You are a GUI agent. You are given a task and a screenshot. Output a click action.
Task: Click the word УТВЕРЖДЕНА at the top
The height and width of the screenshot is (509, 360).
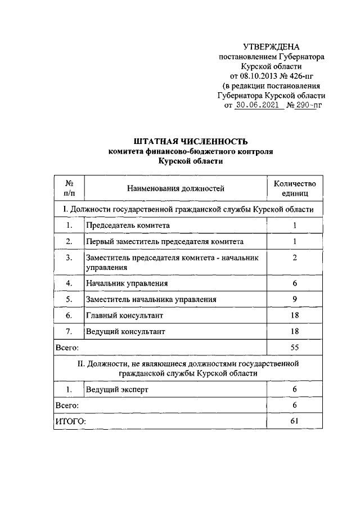coord(271,47)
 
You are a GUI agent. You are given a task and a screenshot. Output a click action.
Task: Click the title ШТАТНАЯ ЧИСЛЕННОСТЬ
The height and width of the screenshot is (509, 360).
coord(191,141)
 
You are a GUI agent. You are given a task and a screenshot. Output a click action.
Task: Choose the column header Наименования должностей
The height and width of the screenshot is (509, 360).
coord(175,188)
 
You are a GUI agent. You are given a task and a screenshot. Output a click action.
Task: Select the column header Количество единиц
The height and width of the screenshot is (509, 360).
coord(295,188)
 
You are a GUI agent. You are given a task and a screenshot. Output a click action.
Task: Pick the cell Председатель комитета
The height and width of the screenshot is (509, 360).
coord(128,226)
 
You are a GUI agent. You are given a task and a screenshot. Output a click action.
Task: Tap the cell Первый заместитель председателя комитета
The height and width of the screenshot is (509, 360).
coord(164,242)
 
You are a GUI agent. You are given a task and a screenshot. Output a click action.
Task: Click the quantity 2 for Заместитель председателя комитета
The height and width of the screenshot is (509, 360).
coord(295,258)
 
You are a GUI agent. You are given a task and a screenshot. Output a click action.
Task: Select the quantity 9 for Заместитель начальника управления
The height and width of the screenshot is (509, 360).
coord(295,299)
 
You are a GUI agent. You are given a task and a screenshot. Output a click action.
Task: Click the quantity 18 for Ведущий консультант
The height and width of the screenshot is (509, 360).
coord(295,332)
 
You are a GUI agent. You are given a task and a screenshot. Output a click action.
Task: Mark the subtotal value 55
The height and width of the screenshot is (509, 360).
coord(295,348)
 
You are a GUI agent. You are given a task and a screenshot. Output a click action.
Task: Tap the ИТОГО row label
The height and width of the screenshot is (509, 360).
coord(69,421)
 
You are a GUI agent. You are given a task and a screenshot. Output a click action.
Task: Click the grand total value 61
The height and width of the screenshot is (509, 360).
coord(295,421)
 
